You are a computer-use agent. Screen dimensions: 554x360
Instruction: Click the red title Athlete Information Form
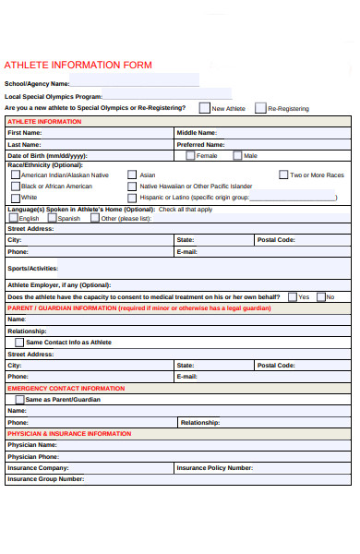click(x=78, y=66)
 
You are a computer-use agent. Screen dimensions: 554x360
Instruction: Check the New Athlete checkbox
click(x=204, y=108)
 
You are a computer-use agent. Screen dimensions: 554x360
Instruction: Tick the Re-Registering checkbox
click(x=259, y=108)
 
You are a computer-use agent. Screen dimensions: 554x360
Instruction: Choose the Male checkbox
click(x=238, y=156)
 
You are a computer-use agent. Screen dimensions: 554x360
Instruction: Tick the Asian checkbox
click(x=132, y=175)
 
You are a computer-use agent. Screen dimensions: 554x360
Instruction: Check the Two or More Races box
click(x=282, y=175)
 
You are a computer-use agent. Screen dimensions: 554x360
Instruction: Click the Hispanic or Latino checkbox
click(x=132, y=198)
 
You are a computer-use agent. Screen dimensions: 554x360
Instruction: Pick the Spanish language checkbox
click(x=52, y=219)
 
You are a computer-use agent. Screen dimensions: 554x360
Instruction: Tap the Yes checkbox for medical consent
click(x=292, y=297)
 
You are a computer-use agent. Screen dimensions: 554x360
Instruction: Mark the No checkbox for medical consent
click(x=320, y=297)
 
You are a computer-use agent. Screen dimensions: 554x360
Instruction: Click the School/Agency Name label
click(x=37, y=84)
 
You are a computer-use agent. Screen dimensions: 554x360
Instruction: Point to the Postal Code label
click(x=276, y=239)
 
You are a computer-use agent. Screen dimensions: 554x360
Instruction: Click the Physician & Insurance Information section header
click(x=69, y=433)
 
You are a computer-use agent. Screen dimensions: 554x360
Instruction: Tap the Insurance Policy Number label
click(x=214, y=467)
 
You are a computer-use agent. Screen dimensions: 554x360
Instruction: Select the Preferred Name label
click(x=200, y=144)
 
